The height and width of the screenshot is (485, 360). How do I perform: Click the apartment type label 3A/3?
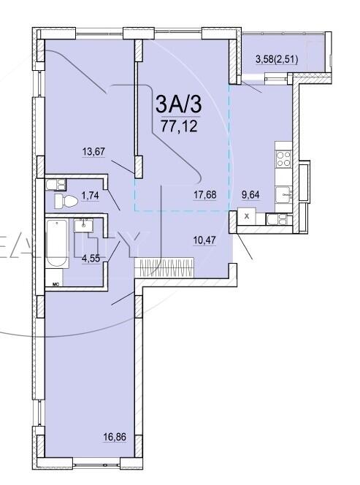[x=178, y=104]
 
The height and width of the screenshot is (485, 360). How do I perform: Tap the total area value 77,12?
[x=179, y=125]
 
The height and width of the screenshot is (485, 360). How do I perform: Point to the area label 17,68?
[x=204, y=194]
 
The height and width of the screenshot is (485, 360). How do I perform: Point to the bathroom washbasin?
[x=83, y=224]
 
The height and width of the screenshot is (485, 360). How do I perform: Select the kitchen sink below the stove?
[x=282, y=194]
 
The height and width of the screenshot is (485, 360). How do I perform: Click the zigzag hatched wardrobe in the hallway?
[x=156, y=267]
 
